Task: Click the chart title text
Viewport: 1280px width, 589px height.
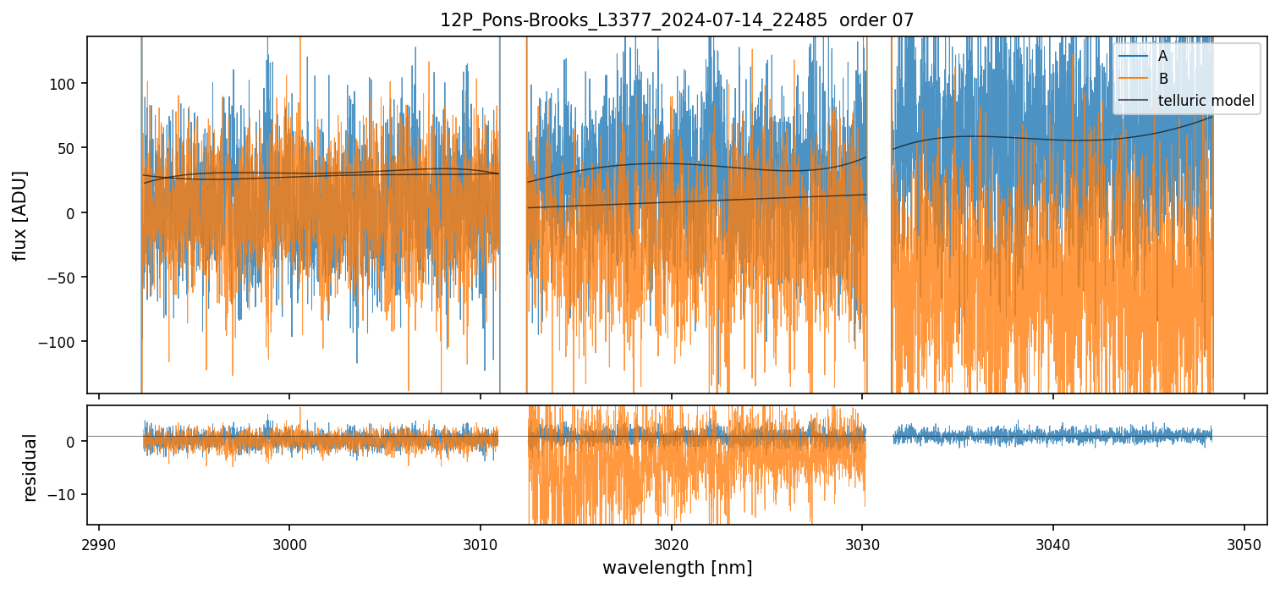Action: point(677,20)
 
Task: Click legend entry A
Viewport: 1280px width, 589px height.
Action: point(1162,57)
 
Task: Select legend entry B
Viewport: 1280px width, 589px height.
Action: point(1162,80)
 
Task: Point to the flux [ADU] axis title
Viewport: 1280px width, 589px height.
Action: point(19,215)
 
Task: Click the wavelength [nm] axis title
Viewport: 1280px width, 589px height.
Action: point(677,568)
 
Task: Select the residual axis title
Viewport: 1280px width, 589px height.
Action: point(30,467)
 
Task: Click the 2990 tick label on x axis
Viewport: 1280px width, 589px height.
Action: point(99,543)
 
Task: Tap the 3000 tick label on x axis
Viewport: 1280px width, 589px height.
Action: point(289,543)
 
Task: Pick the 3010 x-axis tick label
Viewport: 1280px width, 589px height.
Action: point(481,543)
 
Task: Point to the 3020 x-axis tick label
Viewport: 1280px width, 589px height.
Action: point(671,543)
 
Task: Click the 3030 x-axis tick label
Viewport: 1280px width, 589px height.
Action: point(862,543)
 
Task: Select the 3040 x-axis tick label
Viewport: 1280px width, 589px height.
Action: point(1052,543)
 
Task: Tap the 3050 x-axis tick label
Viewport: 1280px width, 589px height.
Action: point(1244,543)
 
